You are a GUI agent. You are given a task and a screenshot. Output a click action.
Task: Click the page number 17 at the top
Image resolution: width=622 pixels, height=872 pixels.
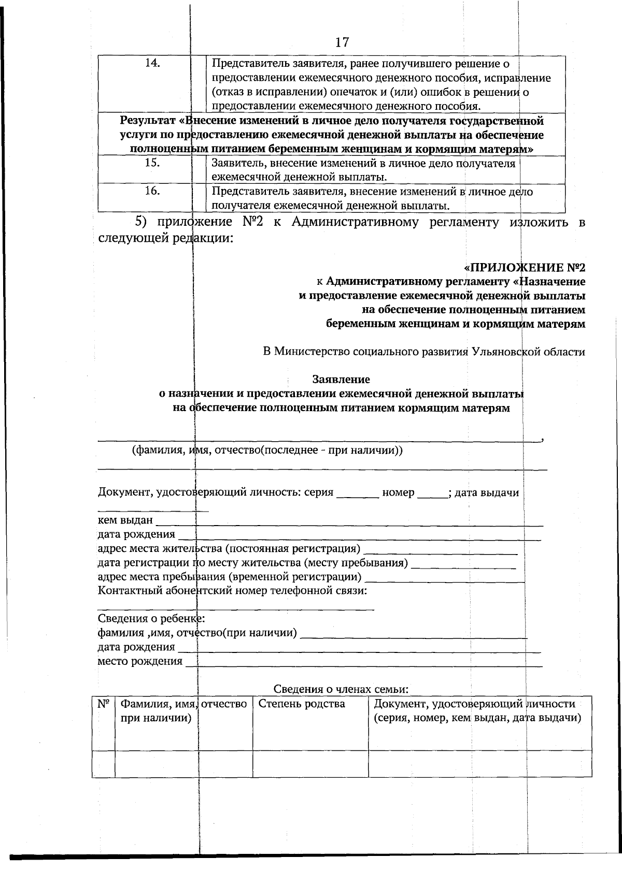[342, 42]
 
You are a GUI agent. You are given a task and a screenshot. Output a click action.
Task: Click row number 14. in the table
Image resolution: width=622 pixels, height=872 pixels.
[152, 63]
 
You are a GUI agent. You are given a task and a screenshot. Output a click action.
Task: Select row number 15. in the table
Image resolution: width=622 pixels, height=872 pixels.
[152, 162]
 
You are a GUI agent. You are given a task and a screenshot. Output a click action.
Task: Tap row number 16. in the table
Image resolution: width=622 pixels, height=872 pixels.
[152, 191]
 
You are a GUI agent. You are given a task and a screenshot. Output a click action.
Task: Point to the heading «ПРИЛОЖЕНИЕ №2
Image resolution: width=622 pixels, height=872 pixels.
[524, 268]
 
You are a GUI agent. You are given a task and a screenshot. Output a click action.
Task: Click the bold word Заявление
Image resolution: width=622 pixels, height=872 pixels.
[341, 380]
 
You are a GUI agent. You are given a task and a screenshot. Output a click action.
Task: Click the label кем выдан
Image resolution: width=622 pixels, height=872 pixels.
[125, 520]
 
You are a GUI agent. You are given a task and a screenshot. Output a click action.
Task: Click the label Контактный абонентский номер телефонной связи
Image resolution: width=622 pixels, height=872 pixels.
[233, 590]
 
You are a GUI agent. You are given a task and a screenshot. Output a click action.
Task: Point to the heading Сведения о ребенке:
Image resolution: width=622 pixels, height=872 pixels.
[151, 618]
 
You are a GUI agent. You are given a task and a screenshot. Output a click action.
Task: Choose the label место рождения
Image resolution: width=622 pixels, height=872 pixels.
[140, 661]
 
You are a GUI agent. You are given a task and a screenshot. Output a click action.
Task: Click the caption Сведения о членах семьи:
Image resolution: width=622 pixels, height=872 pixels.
[341, 689]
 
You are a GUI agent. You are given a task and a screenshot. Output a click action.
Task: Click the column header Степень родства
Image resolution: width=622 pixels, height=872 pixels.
[301, 704]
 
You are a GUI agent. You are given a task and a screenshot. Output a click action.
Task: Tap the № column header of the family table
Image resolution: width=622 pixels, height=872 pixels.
[103, 704]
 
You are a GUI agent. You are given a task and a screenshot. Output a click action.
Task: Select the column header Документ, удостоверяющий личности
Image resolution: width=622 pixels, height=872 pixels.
[474, 704]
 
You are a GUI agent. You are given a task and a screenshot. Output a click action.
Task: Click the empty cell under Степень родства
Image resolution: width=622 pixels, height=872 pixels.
[310, 764]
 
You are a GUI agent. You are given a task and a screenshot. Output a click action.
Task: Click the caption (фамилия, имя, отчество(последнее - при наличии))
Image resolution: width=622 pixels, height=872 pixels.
[267, 450]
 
